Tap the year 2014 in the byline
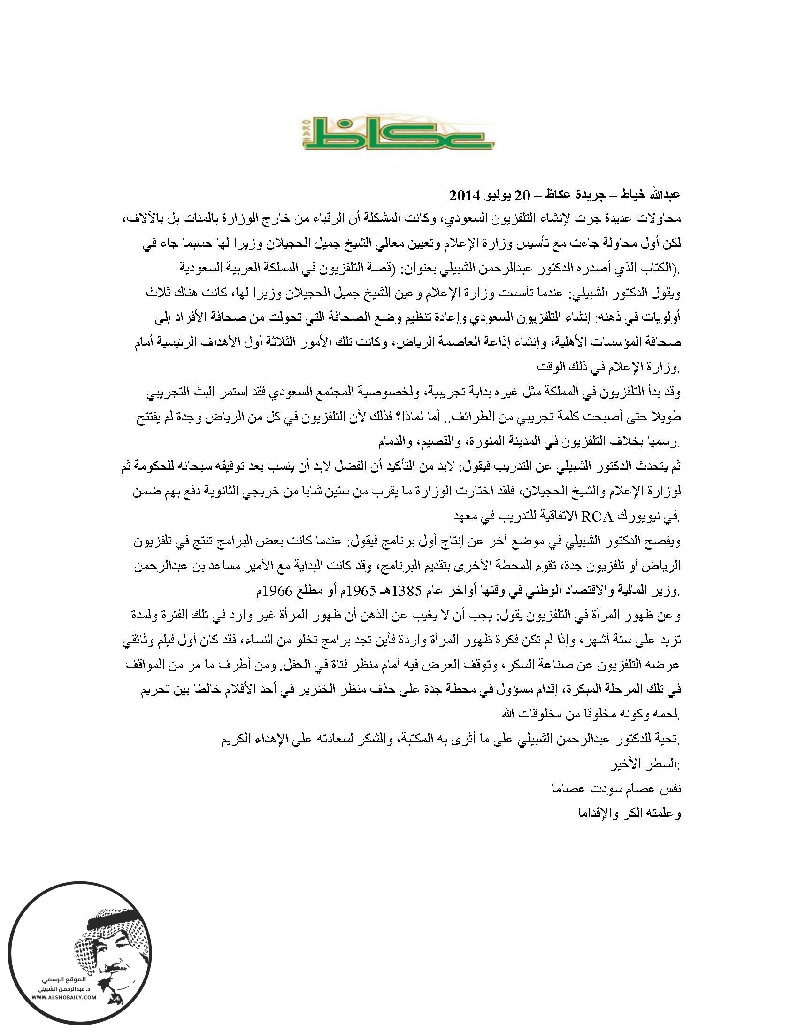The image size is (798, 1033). [464, 195]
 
